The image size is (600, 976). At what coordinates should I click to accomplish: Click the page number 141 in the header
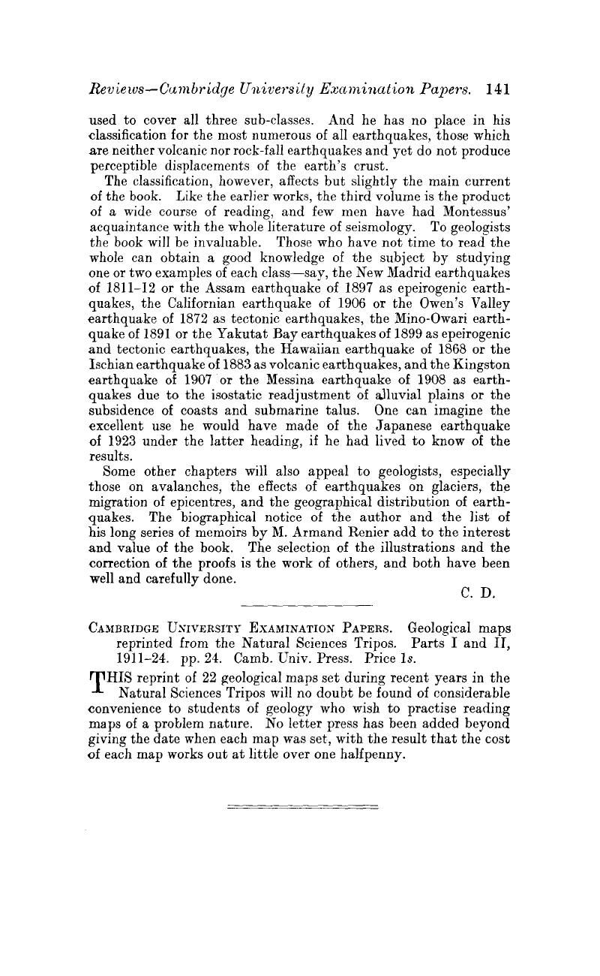(x=497, y=89)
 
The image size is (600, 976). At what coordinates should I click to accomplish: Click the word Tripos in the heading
(x=370, y=644)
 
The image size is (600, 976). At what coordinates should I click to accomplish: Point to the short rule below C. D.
(x=308, y=603)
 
